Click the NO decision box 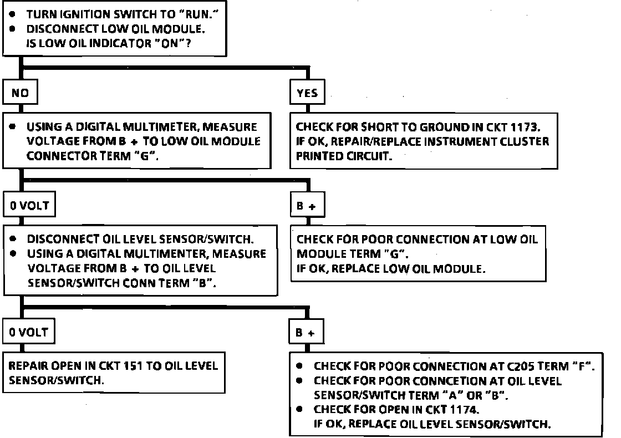[20, 93]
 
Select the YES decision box [307, 93]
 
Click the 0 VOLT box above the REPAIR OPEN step [29, 333]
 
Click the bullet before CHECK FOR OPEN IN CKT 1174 [300, 410]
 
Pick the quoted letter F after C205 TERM [582, 366]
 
